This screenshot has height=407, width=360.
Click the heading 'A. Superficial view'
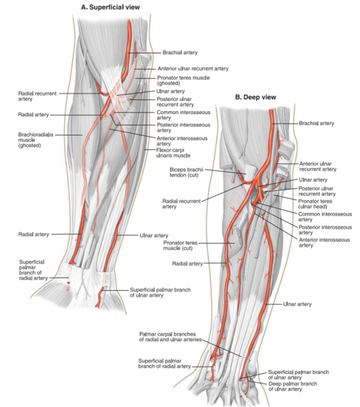(110, 7)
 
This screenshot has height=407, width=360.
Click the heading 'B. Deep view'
(255, 97)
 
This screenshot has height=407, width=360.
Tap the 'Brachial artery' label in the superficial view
(180, 53)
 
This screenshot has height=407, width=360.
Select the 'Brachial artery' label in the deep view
(316, 124)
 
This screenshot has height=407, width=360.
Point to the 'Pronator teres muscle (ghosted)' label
(183, 80)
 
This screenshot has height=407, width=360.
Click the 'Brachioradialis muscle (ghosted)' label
(36, 140)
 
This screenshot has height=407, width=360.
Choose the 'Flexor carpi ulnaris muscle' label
(174, 153)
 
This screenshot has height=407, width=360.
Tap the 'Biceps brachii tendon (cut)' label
(186, 172)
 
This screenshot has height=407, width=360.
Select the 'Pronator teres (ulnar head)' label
(315, 204)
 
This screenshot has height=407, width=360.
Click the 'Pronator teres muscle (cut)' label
(180, 246)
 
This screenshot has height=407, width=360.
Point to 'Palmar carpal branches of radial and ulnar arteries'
(170, 337)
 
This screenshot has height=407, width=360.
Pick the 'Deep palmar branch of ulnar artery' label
(292, 386)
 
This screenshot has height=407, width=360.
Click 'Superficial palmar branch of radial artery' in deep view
(164, 364)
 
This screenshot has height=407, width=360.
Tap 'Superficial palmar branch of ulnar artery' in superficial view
(160, 292)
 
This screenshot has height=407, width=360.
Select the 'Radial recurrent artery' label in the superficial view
(37, 96)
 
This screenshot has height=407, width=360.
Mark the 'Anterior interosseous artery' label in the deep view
(324, 242)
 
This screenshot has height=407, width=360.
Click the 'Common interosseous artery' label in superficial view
(183, 115)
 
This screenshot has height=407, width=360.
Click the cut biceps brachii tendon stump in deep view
(249, 171)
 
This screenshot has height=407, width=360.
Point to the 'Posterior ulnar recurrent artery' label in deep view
(317, 191)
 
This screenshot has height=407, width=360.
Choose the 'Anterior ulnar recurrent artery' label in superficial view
(193, 69)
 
